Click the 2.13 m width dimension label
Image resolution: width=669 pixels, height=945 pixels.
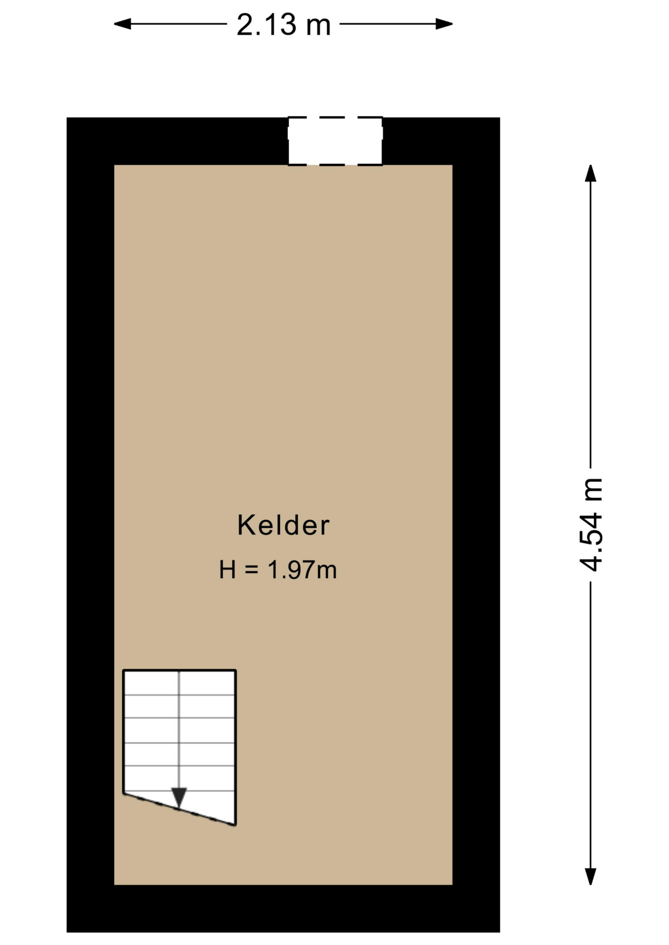(x=283, y=25)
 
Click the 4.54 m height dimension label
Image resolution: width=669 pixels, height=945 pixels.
(x=591, y=525)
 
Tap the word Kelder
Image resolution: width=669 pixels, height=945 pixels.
(x=283, y=525)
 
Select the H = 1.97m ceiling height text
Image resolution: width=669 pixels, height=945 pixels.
(x=278, y=570)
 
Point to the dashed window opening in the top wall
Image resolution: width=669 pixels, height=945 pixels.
(x=335, y=141)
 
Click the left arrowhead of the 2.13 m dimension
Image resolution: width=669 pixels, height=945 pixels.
(x=122, y=24)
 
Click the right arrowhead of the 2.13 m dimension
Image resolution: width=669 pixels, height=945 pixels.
(x=444, y=24)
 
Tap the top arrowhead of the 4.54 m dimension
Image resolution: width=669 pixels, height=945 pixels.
(x=590, y=173)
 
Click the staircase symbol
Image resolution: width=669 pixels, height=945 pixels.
(x=179, y=743)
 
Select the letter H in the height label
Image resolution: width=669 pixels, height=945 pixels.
(x=228, y=570)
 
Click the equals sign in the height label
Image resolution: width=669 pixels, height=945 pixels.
(x=252, y=570)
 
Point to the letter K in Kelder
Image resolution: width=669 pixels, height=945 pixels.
(x=246, y=525)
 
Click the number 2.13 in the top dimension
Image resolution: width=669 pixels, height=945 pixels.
(x=267, y=25)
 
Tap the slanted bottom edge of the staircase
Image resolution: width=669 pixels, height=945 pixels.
(x=179, y=809)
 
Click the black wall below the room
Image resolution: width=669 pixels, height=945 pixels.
(x=283, y=908)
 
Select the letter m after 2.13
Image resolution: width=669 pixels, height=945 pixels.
(x=318, y=28)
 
